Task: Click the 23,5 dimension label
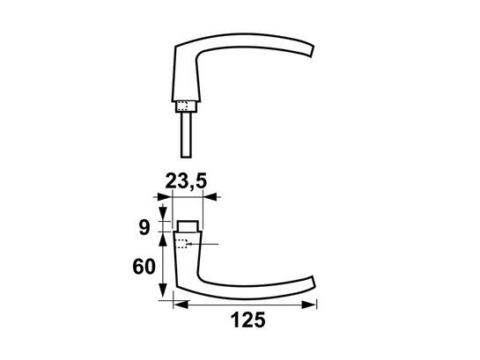click(186, 181)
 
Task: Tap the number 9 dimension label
click(144, 228)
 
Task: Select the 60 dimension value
click(144, 267)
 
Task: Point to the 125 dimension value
click(248, 320)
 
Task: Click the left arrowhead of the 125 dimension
click(181, 305)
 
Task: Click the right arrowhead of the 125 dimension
click(308, 305)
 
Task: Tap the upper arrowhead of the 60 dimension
click(163, 239)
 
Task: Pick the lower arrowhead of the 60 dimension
click(163, 290)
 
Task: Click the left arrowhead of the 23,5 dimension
click(165, 197)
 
